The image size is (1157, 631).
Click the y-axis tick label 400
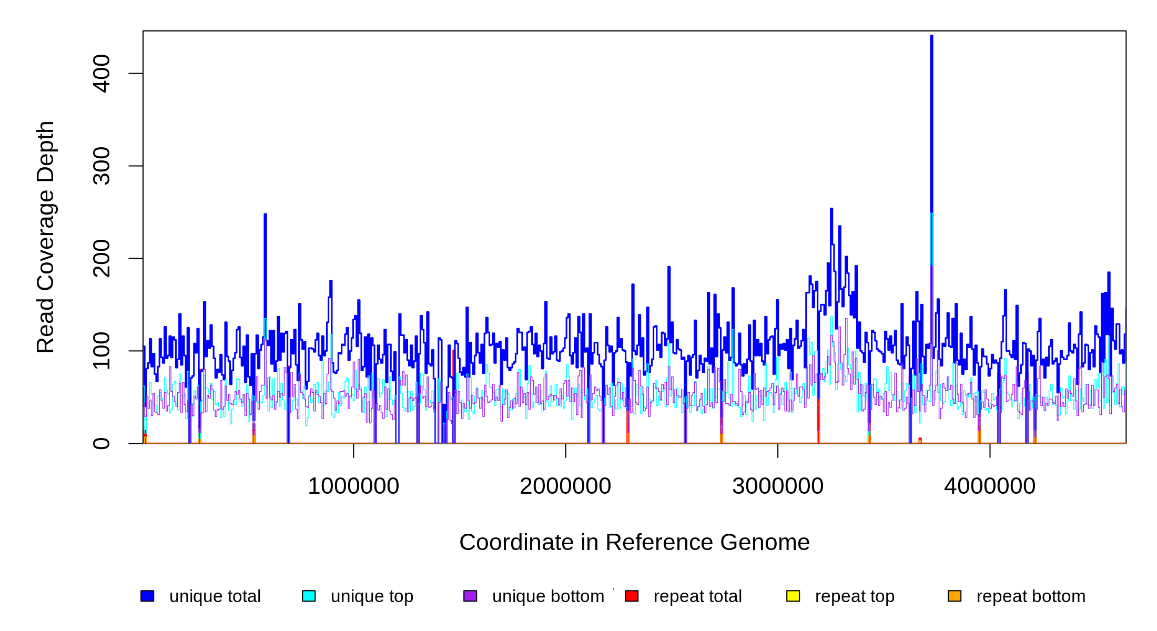(101, 73)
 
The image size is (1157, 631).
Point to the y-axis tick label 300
(101, 166)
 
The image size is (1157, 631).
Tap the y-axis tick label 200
(101, 258)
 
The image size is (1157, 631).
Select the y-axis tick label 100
(101, 351)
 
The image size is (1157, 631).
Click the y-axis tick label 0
(101, 443)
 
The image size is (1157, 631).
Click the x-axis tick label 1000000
(353, 486)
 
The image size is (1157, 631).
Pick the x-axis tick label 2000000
(565, 486)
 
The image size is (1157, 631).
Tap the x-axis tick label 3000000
(778, 486)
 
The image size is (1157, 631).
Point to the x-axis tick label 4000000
(990, 486)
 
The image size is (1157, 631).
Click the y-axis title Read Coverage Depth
(46, 237)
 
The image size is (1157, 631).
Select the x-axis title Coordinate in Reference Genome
(634, 542)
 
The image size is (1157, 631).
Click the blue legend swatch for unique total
(147, 596)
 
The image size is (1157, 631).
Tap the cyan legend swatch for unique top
(309, 596)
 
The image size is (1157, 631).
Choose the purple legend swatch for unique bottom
(470, 596)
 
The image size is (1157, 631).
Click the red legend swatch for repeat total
(632, 596)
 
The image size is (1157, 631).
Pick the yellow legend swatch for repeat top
(793, 596)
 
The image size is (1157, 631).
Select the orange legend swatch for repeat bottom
(955, 596)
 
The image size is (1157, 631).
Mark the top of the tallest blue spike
(931, 36)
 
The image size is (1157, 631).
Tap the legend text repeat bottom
(1031, 596)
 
